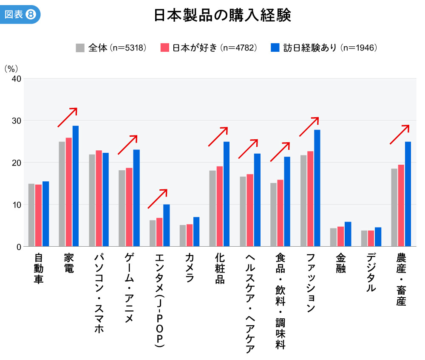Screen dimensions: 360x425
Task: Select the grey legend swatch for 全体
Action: coord(80,48)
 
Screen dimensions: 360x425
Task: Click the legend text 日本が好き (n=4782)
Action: coord(214,48)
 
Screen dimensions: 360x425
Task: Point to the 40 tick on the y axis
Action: coord(16,79)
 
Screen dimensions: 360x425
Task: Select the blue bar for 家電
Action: coord(76,186)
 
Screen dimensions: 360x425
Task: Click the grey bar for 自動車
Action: coord(31,215)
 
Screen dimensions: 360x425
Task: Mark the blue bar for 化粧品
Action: coord(227,194)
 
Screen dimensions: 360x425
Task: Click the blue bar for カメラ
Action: coord(196,232)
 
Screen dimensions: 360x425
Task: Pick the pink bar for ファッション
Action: coord(310,199)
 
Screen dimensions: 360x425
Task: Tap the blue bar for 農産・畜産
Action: coord(408,194)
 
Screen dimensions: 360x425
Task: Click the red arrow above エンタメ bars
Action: coord(158,199)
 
